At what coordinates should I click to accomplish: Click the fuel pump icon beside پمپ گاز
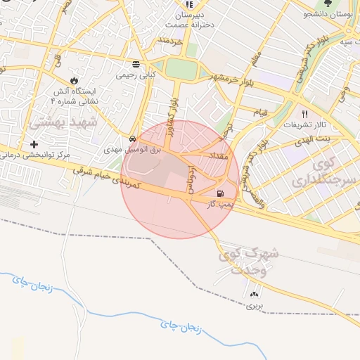[221, 194]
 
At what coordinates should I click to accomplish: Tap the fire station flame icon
[75, 79]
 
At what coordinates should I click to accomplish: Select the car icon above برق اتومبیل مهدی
[134, 139]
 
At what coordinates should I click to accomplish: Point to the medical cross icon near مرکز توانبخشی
[33, 144]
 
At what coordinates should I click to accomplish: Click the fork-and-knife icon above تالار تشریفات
[304, 113]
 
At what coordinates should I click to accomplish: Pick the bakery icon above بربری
[254, 294]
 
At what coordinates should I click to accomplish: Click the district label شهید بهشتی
[56, 123]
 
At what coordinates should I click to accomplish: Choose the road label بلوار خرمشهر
[230, 77]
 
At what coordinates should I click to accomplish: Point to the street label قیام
[260, 112]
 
